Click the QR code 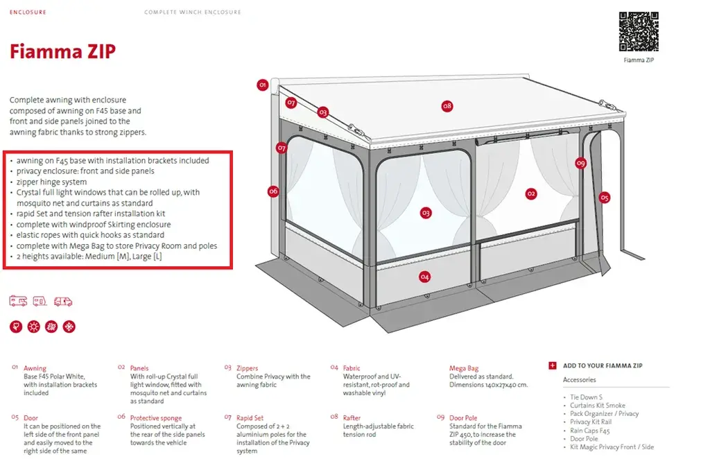point(639,31)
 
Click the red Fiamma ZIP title point(62,51)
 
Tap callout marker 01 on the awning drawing point(263,85)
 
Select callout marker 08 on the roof point(447,106)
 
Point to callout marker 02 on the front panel point(531,193)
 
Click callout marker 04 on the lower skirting point(424,277)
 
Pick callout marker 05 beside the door point(604,198)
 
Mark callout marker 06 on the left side point(273,191)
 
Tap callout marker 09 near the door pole point(580,163)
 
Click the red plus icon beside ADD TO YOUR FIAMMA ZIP point(552,365)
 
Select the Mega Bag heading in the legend point(464,368)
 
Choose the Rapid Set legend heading point(250,418)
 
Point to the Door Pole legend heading point(463,418)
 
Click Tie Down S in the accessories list point(586,397)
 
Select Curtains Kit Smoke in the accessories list point(597,405)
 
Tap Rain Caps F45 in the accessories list point(589,431)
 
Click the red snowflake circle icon point(69,327)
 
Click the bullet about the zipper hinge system point(51,182)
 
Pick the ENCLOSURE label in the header point(28,12)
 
